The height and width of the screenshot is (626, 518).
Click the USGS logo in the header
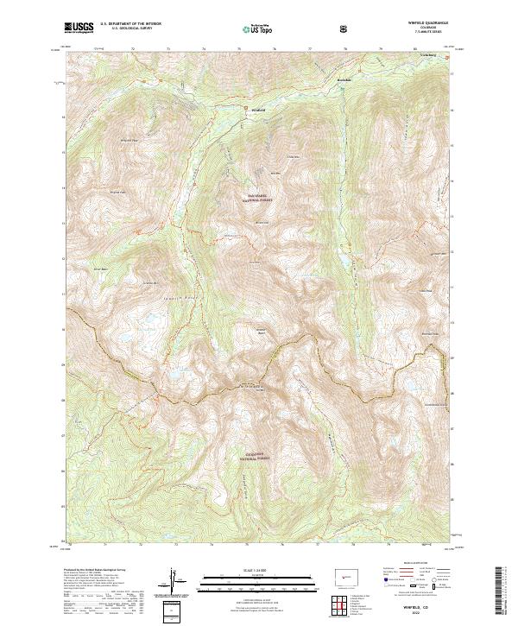click(79, 28)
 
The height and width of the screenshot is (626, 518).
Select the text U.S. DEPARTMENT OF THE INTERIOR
click(129, 24)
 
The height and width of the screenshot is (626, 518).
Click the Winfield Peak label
click(128, 140)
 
